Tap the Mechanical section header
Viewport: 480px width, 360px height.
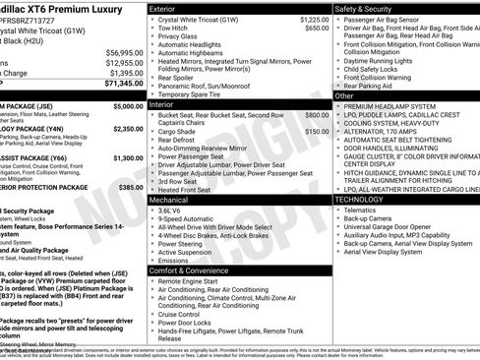169,200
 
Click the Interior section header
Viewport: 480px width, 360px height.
162,103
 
